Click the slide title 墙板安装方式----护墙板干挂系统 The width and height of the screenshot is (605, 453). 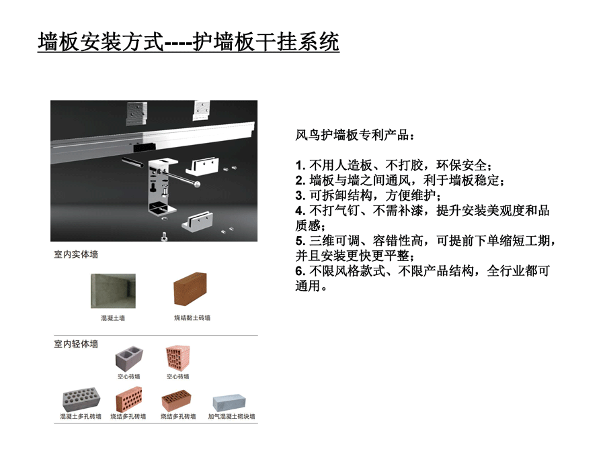[x=188, y=42]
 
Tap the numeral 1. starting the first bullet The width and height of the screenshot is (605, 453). [x=300, y=166]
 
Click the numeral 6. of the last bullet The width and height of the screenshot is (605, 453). [x=300, y=271]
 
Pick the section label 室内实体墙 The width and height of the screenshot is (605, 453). [x=76, y=254]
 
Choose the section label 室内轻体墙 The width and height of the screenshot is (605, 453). [x=76, y=344]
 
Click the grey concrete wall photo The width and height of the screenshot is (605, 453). [x=113, y=291]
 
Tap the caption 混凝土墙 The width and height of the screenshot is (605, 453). [x=113, y=318]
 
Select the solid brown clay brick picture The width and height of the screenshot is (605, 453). [x=190, y=289]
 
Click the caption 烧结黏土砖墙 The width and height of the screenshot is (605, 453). [x=192, y=318]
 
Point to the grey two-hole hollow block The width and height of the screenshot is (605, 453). [x=129, y=358]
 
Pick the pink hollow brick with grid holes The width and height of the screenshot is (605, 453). [x=178, y=358]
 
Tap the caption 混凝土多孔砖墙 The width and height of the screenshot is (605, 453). [x=81, y=416]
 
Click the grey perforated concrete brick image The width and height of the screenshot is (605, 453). [x=81, y=399]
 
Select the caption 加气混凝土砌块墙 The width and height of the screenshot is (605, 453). [x=231, y=416]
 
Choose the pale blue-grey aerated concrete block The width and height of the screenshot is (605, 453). [x=229, y=402]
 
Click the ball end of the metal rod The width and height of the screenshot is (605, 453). [x=197, y=184]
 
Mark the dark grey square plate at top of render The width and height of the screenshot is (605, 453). [x=137, y=113]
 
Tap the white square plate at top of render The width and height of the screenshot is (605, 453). [x=202, y=111]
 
